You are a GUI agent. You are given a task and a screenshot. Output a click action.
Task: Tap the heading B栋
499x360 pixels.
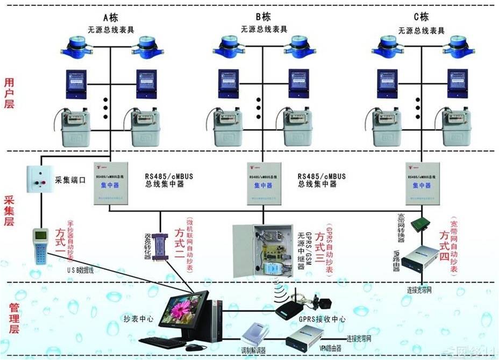click(263, 16)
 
